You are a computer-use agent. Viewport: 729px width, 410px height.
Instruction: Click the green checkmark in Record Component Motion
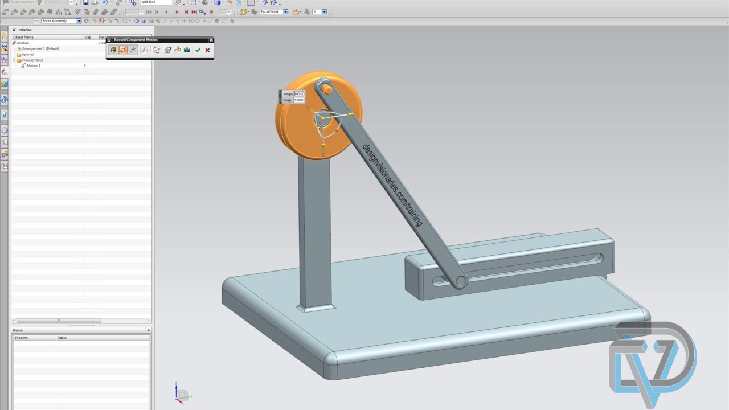tap(198, 50)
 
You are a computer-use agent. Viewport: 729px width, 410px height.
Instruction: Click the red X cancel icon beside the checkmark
tap(207, 50)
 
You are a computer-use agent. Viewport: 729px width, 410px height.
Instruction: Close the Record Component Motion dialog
tap(211, 40)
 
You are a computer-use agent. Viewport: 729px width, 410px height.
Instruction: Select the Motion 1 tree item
tap(33, 66)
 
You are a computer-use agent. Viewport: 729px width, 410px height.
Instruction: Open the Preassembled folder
tap(32, 60)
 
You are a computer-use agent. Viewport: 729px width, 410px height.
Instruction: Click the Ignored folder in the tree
tap(28, 55)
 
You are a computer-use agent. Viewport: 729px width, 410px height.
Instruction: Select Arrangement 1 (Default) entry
tap(40, 49)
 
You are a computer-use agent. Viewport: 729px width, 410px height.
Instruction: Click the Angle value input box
tap(298, 94)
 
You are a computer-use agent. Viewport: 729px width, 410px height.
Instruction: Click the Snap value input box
tap(298, 100)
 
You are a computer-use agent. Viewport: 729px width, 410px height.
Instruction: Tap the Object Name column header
tap(23, 37)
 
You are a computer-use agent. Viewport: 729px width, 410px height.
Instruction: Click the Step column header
tap(88, 37)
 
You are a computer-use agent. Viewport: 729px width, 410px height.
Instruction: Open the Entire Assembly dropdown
tap(62, 21)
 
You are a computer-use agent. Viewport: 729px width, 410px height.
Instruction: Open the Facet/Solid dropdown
tap(274, 11)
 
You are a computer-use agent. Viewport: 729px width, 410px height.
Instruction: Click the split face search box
tap(155, 2)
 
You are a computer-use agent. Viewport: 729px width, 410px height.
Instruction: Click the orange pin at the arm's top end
tap(326, 89)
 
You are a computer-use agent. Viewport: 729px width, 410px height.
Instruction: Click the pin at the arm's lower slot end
tap(461, 281)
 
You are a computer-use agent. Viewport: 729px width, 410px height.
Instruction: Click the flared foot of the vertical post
tap(316, 308)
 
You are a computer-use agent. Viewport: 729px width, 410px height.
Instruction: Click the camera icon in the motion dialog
tap(187, 50)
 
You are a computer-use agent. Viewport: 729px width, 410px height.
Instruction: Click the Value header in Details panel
tap(62, 338)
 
